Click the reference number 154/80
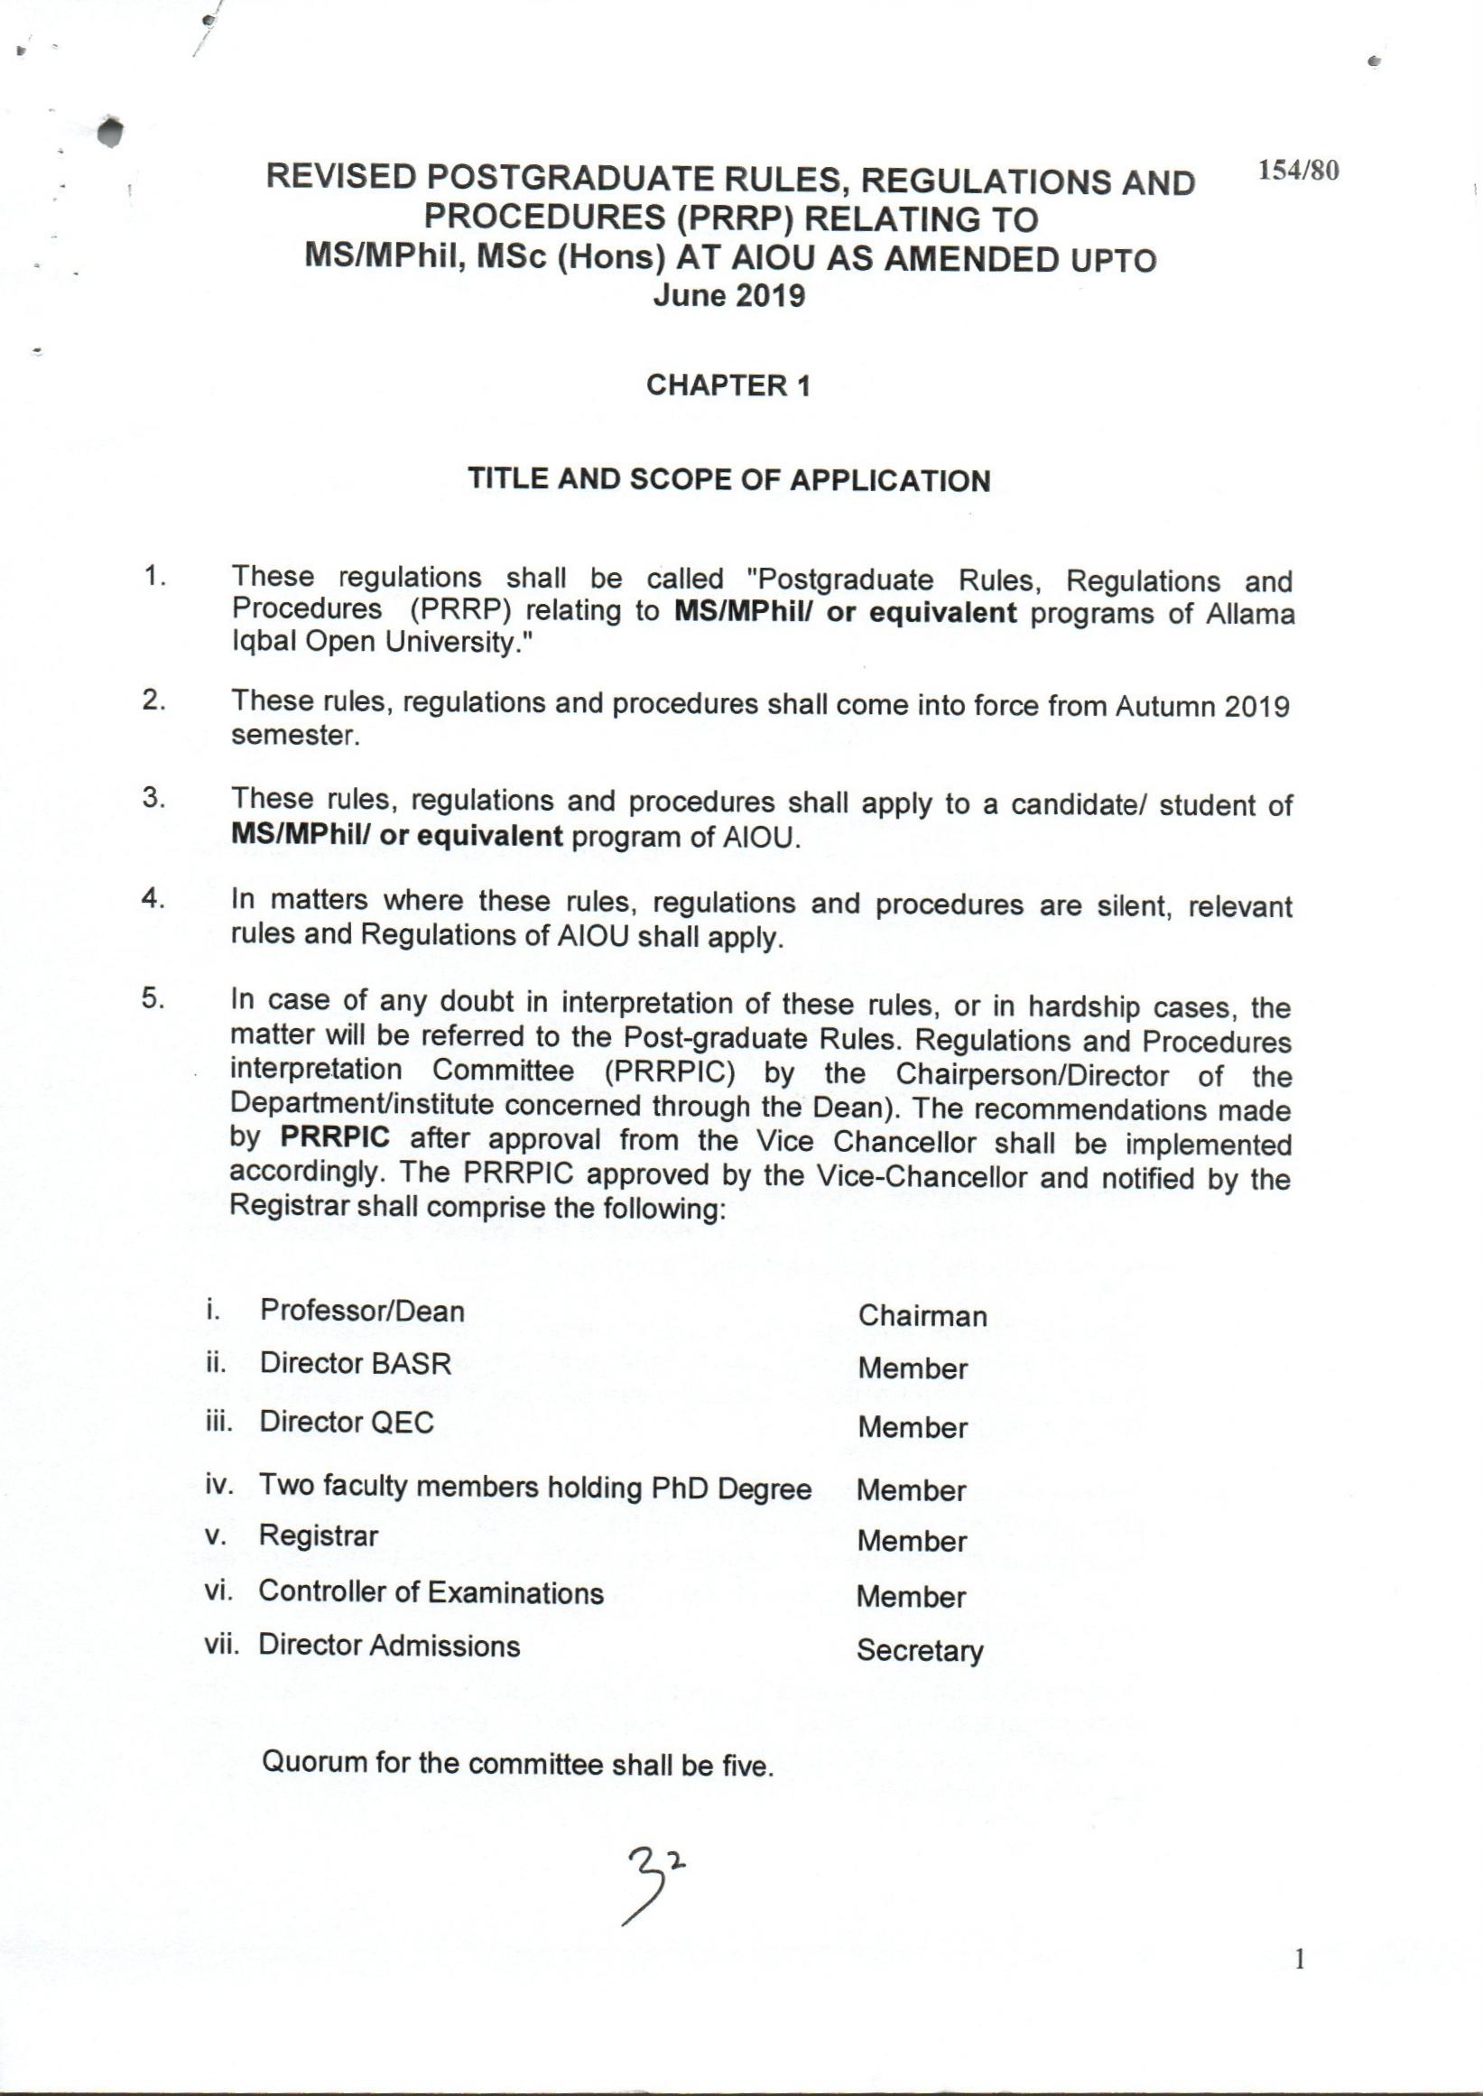pyautogui.click(x=1299, y=171)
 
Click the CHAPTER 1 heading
pyautogui.click(x=728, y=386)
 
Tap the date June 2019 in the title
pyautogui.click(x=728, y=297)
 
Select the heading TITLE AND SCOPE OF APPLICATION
pyautogui.click(x=728, y=480)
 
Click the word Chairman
pyautogui.click(x=922, y=1316)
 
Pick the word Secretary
pyautogui.click(x=920, y=1651)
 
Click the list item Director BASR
pyautogui.click(x=356, y=1365)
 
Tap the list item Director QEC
pyautogui.click(x=346, y=1422)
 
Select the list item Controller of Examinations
pyautogui.click(x=431, y=1593)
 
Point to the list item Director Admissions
pyautogui.click(x=389, y=1646)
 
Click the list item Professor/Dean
pyautogui.click(x=362, y=1312)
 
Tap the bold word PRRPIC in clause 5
pyautogui.click(x=334, y=1138)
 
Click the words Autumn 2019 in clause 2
pyautogui.click(x=1201, y=707)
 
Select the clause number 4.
pyautogui.click(x=152, y=899)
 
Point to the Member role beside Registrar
pyautogui.click(x=912, y=1542)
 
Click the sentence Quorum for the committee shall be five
pyautogui.click(x=518, y=1764)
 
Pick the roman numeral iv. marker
pyautogui.click(x=220, y=1484)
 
